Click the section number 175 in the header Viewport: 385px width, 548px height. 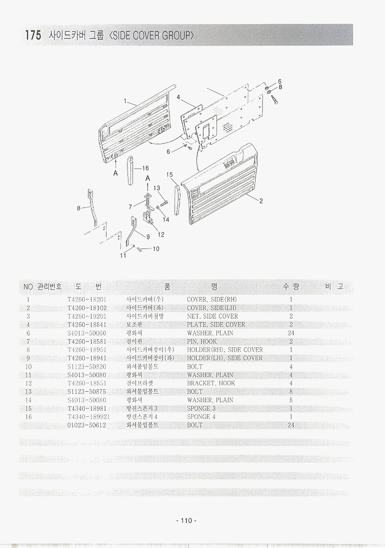pos(32,36)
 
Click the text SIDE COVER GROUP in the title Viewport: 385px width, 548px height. pos(150,36)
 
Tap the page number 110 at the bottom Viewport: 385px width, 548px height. pos(186,520)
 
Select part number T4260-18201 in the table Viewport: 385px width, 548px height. pos(86,300)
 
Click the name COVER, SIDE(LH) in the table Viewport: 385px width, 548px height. pos(211,308)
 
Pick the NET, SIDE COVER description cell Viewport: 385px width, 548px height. pos(212,316)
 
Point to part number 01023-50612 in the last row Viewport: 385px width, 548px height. pos(86,425)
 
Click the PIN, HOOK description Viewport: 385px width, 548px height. pos(201,341)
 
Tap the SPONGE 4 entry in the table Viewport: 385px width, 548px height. pos(201,416)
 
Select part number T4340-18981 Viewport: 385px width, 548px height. pos(86,408)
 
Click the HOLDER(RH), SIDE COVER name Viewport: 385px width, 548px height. pos(224,350)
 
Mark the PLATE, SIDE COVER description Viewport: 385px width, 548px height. pos(215,325)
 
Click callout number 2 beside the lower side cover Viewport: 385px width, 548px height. pos(261,201)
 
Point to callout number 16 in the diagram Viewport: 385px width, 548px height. pos(145,168)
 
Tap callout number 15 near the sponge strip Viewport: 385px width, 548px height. pos(169,175)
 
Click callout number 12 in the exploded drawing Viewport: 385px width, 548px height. pos(161,234)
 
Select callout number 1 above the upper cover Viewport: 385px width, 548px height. pos(125,101)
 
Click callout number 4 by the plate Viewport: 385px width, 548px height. pos(178,97)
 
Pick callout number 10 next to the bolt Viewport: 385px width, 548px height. pos(156,249)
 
